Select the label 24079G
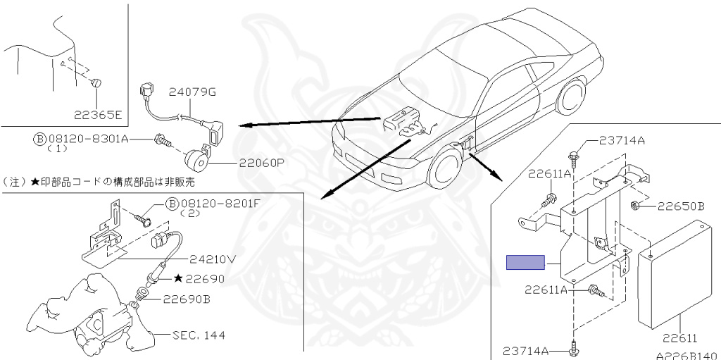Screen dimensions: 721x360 pos(192,92)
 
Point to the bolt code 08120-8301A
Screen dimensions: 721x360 pos(88,139)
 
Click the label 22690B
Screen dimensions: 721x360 pos(187,298)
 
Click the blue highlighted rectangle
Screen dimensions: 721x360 pos(526,262)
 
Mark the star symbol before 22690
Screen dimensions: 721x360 pos(178,279)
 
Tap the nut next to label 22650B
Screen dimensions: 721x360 pos(635,206)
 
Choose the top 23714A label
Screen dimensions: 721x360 pos(622,140)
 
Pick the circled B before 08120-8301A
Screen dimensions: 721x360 pos(39,139)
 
